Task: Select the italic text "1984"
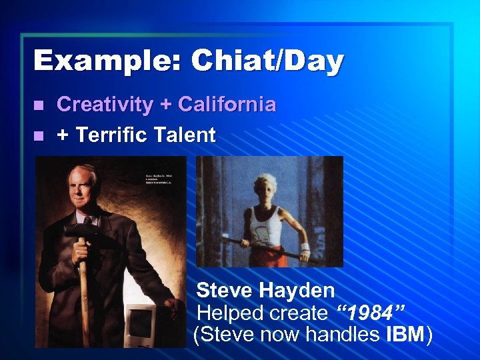tap(371, 313)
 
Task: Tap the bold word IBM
tap(404, 335)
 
